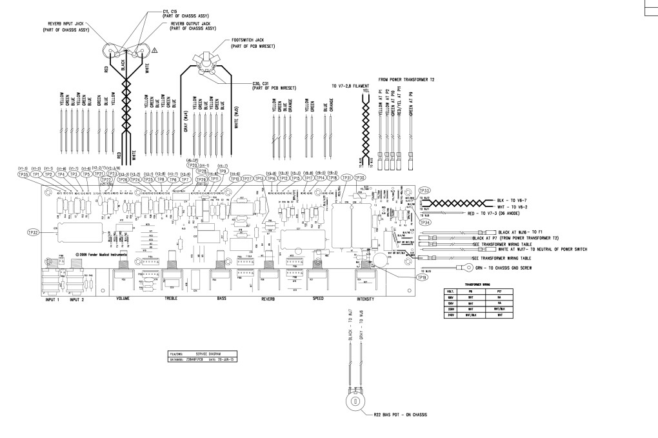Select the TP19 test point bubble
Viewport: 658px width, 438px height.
pyautogui.click(x=423, y=277)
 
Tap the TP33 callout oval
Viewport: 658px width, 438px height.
pyautogui.click(x=424, y=190)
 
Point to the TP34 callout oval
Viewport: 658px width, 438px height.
pyautogui.click(x=424, y=222)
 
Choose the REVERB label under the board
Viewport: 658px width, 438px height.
pyautogui.click(x=268, y=299)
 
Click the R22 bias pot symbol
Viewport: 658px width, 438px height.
pyautogui.click(x=353, y=401)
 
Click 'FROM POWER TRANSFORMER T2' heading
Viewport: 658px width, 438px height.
pyautogui.click(x=406, y=78)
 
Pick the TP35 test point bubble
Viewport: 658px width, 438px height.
pyautogui.click(x=23, y=174)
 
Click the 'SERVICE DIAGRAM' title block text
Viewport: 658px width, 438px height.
pyautogui.click(x=205, y=354)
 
